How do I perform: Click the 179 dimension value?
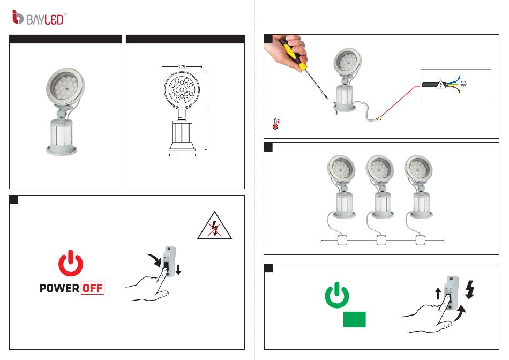[x=182, y=67]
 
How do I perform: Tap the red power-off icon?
[x=71, y=263]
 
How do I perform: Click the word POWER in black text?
[x=59, y=288]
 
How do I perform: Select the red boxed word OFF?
[x=93, y=288]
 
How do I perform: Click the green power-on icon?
[x=337, y=295]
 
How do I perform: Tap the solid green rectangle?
[x=355, y=319]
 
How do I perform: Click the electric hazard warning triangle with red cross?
[x=214, y=226]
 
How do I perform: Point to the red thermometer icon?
[x=276, y=124]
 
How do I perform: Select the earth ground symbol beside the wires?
[x=464, y=84]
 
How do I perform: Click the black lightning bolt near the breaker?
[x=470, y=290]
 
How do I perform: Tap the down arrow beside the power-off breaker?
[x=178, y=269]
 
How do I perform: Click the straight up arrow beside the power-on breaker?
[x=438, y=294]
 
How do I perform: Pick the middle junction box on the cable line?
[x=381, y=241]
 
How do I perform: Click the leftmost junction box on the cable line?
[x=342, y=241]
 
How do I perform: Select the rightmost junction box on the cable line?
[x=421, y=241]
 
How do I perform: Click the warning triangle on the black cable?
[x=440, y=84]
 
